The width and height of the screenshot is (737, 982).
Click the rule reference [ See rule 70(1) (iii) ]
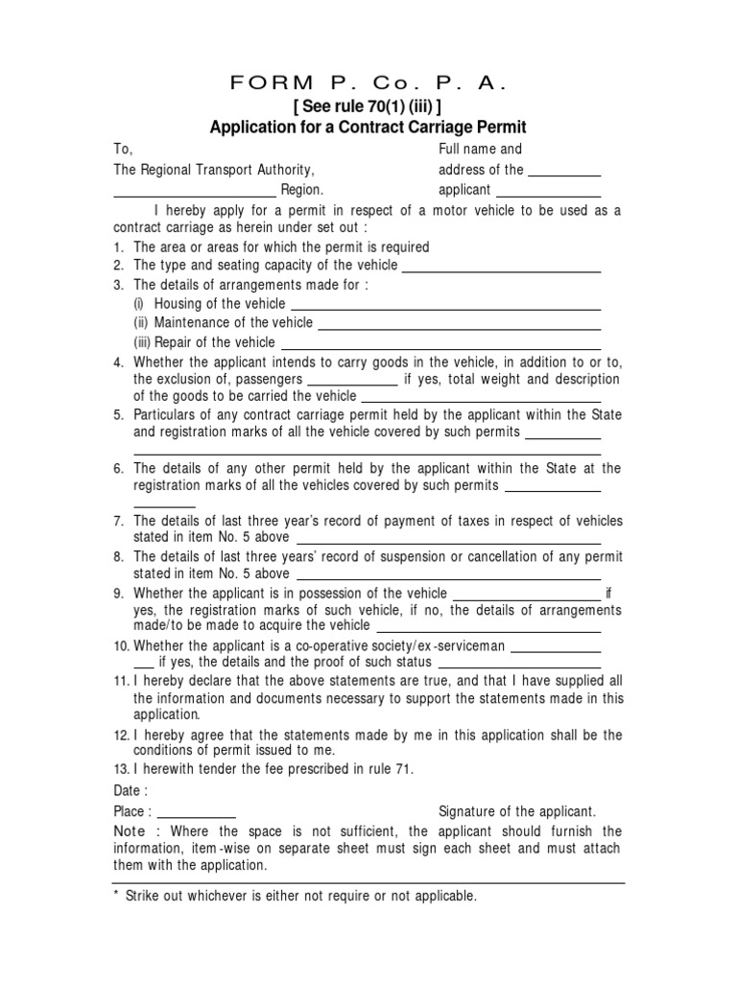pyautogui.click(x=368, y=106)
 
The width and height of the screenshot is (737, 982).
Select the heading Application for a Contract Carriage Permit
pyautogui.click(x=368, y=128)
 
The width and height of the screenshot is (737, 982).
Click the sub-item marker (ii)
pyautogui.click(x=141, y=322)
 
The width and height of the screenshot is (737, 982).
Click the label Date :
pyautogui.click(x=131, y=791)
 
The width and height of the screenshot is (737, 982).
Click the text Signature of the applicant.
pyautogui.click(x=517, y=811)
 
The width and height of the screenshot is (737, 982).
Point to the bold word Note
pyautogui.click(x=130, y=830)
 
